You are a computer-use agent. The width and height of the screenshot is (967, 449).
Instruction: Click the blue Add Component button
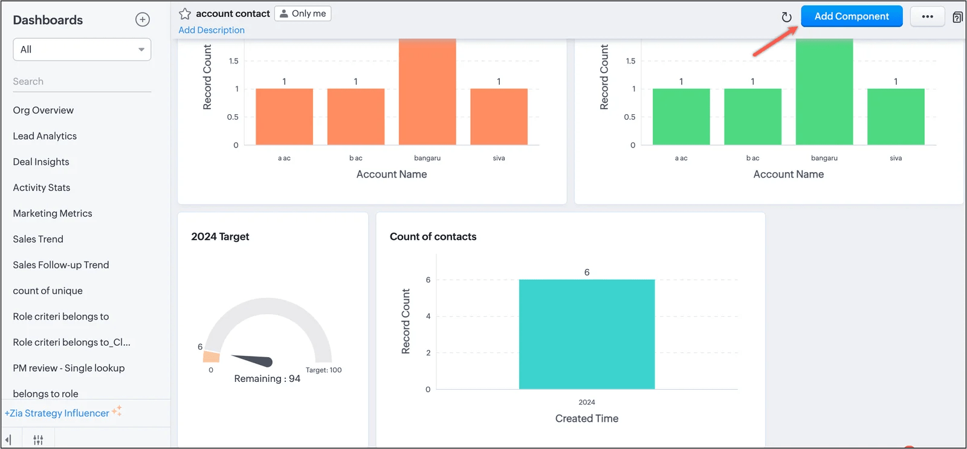[x=852, y=16]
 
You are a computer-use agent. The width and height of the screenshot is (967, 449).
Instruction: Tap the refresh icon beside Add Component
[x=786, y=17]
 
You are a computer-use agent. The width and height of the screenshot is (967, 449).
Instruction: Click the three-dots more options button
[x=927, y=16]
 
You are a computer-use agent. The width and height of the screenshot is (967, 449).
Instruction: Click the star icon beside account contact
[x=185, y=14]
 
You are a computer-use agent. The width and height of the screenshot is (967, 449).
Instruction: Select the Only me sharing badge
[x=303, y=13]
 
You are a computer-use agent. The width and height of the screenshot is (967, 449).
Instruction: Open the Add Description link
[x=212, y=30]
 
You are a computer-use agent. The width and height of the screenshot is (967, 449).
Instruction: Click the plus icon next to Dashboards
[x=143, y=19]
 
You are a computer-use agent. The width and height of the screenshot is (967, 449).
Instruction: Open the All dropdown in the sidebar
[x=82, y=49]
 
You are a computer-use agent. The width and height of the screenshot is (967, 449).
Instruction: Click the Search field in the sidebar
[x=82, y=81]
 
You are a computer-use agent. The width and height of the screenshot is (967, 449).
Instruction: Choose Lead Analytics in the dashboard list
[x=45, y=136]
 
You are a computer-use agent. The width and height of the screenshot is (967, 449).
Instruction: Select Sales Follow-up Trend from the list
[x=61, y=265]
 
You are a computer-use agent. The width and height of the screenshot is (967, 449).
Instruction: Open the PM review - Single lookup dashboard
[x=69, y=368]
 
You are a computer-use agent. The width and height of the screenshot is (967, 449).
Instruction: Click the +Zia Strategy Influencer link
[x=57, y=413]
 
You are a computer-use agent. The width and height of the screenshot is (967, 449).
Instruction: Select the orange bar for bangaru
[x=427, y=91]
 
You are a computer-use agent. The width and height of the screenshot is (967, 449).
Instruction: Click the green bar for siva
[x=896, y=117]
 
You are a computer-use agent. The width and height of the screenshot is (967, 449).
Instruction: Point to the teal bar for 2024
[x=587, y=334]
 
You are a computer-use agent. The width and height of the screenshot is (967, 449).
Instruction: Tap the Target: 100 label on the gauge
[x=324, y=370]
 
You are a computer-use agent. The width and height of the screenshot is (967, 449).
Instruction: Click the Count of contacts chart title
[x=433, y=237]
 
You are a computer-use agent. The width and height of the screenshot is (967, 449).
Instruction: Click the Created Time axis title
[x=587, y=418]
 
